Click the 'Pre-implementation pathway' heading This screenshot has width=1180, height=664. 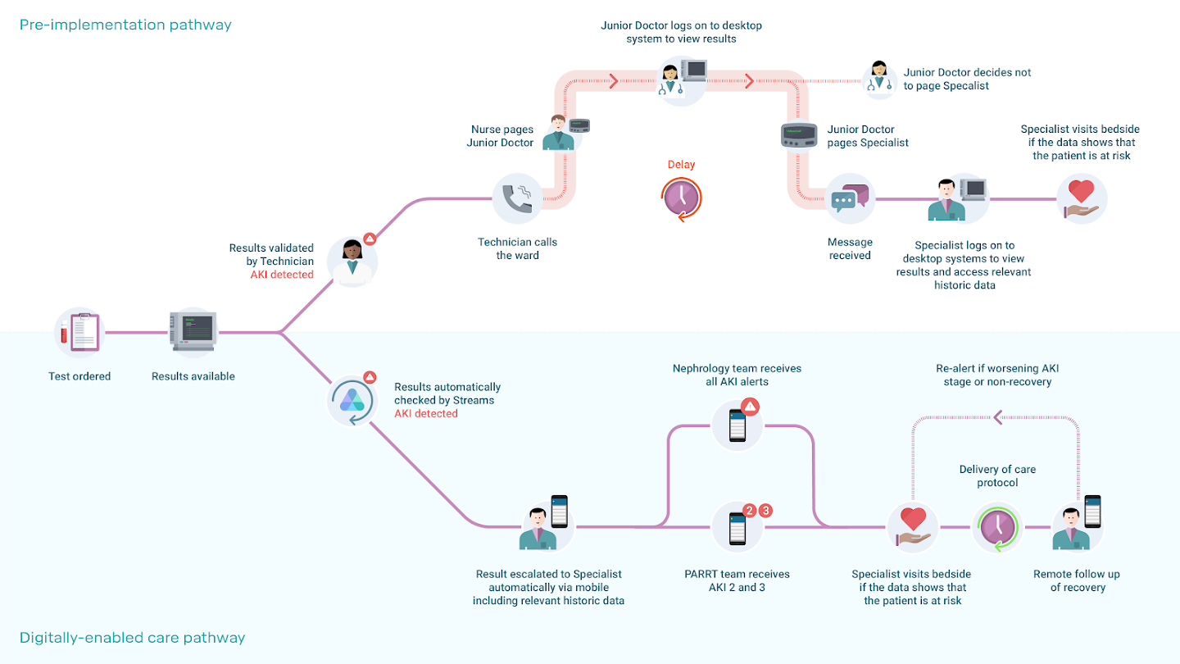click(125, 25)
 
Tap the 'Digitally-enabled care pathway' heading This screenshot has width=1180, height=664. click(132, 638)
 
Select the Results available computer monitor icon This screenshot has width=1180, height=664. click(193, 331)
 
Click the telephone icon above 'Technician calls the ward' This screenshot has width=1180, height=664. click(517, 198)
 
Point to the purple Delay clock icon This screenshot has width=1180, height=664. click(681, 198)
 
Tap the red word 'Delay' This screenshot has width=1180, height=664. click(681, 165)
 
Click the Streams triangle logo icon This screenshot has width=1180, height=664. click(352, 400)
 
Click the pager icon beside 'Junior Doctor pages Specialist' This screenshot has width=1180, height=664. click(799, 135)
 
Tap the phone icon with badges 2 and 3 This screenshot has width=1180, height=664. click(737, 529)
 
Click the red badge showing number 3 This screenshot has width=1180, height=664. click(766, 510)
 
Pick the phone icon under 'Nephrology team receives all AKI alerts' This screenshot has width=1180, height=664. click(737, 425)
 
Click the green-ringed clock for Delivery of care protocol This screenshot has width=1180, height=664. click(997, 527)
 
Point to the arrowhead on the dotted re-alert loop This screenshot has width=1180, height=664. click(997, 417)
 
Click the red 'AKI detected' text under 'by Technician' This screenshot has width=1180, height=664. click(282, 275)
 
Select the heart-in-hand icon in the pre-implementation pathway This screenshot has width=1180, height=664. click(1082, 198)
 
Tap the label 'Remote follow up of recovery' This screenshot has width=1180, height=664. click(1078, 580)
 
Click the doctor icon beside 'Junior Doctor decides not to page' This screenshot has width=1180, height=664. click(878, 77)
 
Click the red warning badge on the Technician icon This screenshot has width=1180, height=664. click(370, 239)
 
